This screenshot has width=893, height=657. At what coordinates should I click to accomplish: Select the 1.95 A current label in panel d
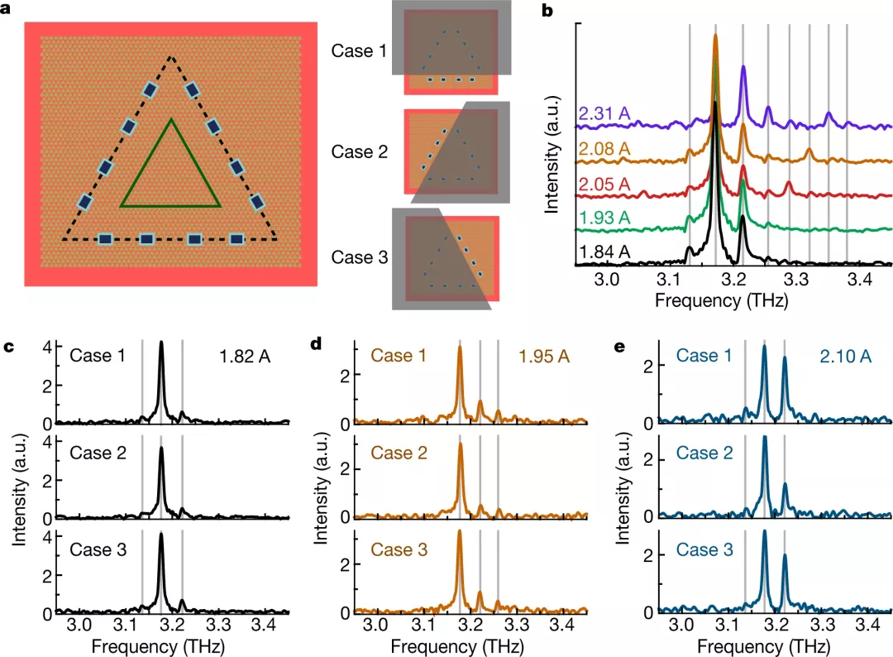click(544, 356)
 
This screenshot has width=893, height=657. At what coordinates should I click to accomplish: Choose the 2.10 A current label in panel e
click(848, 356)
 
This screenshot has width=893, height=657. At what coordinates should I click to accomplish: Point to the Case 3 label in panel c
click(98, 549)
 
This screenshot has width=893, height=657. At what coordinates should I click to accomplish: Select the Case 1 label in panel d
click(398, 356)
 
